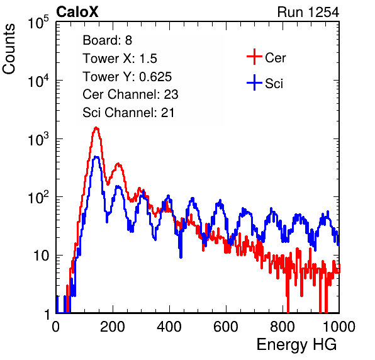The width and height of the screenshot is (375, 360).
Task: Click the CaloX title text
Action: tap(77, 12)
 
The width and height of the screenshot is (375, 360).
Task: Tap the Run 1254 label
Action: tap(308, 12)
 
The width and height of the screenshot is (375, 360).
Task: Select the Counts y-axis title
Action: tap(9, 49)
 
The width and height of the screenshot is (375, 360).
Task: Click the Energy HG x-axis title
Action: tap(296, 345)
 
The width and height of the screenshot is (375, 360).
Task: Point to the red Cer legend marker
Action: tap(254, 57)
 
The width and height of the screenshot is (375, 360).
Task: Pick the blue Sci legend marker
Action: tap(254, 83)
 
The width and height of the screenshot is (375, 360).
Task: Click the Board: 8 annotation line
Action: tap(108, 40)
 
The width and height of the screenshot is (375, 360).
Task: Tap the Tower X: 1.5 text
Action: tap(120, 59)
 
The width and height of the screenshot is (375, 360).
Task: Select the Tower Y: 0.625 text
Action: tap(127, 77)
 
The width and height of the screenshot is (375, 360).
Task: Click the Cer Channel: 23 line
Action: tap(131, 94)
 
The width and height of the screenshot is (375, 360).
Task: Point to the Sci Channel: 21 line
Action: tap(128, 113)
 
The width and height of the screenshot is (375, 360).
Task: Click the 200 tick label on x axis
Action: tap(113, 327)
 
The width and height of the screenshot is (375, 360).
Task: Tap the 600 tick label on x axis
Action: tap(226, 327)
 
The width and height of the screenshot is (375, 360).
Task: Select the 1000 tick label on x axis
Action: tap(339, 327)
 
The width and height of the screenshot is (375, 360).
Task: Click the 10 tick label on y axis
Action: tap(42, 256)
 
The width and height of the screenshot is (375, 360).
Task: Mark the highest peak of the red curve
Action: tap(96, 128)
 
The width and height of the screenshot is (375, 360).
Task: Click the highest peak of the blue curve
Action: tap(96, 157)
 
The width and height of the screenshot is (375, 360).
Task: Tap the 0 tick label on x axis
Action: tap(56, 327)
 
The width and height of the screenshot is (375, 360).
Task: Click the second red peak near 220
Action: tap(118, 164)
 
